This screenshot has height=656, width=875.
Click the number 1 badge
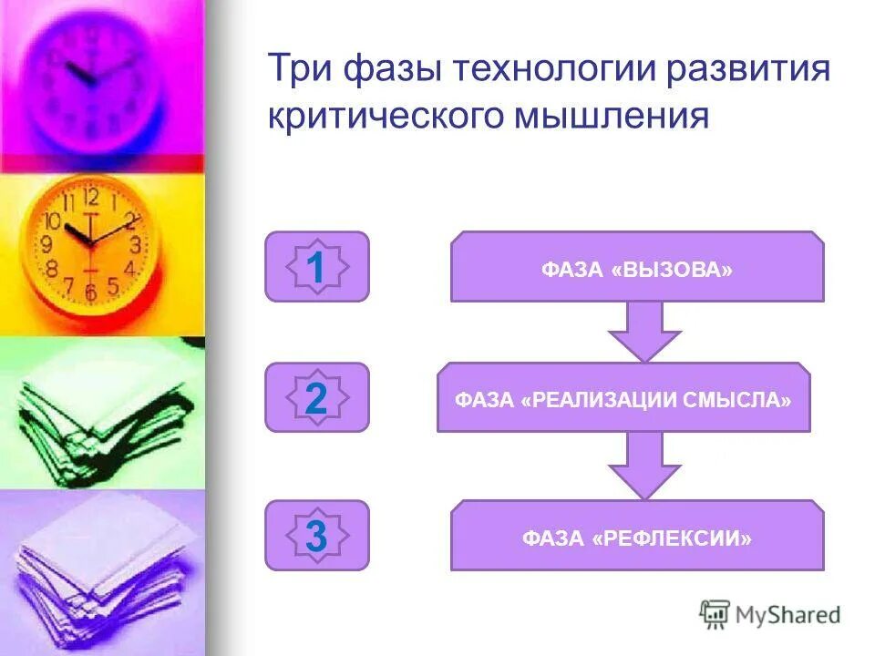coord(316,267)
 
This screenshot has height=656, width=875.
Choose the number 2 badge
coord(316,398)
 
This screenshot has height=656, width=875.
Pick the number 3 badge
coord(316,536)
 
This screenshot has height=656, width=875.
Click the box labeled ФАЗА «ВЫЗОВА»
coord(637,268)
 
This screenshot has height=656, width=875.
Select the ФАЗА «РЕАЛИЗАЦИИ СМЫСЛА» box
coord(623,399)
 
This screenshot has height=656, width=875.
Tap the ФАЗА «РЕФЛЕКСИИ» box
coord(637,537)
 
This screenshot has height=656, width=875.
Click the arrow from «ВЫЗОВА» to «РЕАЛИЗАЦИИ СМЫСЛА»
coord(645,331)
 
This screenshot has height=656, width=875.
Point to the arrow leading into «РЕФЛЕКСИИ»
coord(645,465)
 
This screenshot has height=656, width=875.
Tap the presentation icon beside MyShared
coord(715,614)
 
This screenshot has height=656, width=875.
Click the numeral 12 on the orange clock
coord(90,198)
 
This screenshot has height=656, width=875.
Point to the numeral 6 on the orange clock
coord(90,292)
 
